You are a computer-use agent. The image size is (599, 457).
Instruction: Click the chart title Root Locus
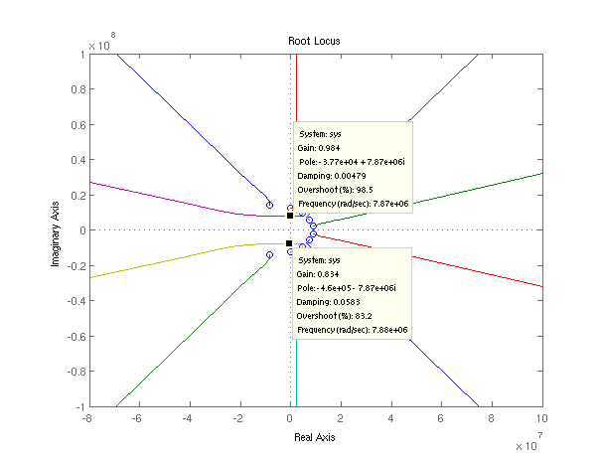(x=314, y=41)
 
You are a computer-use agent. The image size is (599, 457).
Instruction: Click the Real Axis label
(x=314, y=437)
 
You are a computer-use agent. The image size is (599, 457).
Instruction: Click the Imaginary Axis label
(x=55, y=233)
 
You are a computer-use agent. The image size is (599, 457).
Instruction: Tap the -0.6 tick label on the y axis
(x=75, y=336)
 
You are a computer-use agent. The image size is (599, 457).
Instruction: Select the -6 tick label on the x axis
(x=136, y=418)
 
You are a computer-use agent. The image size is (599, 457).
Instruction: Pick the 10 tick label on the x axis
(x=542, y=418)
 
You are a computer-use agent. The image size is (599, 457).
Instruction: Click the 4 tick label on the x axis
(x=390, y=418)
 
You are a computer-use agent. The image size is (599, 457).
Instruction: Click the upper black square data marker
(x=290, y=216)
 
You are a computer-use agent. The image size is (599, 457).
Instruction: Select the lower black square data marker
(x=289, y=243)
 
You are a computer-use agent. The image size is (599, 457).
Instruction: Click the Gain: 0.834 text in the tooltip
(x=318, y=274)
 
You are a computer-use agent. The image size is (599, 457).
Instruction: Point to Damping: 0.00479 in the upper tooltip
(x=332, y=176)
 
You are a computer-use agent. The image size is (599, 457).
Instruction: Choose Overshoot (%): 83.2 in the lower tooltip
(x=334, y=316)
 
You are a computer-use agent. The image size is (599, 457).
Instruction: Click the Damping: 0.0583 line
(x=328, y=302)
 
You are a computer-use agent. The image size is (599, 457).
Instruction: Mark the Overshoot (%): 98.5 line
(x=336, y=190)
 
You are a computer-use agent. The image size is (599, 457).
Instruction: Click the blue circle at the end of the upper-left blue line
(x=270, y=206)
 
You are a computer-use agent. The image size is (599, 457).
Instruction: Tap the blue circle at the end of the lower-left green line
(x=270, y=255)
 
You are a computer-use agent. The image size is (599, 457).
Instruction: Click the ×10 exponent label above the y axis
(x=101, y=43)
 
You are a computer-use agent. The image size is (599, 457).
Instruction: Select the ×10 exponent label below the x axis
(x=529, y=442)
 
